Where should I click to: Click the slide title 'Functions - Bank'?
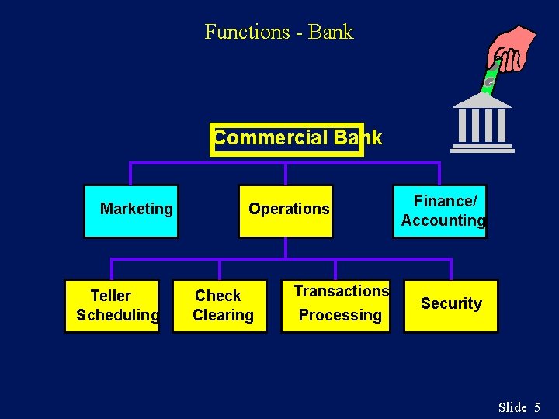[279, 32]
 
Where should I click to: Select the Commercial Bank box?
[286, 138]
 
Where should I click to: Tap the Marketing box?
[131, 210]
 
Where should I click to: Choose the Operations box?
[286, 210]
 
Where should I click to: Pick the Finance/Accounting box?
[440, 210]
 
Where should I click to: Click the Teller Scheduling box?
[112, 306]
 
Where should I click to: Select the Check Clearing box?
[220, 306]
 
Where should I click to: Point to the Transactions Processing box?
[335, 306]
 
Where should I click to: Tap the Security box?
[451, 305]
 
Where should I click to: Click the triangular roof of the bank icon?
[482, 100]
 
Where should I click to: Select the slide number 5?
[536, 407]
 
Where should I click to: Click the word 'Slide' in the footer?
[512, 407]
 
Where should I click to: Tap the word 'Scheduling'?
[117, 316]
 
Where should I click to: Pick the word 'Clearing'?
[223, 316]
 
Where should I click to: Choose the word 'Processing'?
[340, 316]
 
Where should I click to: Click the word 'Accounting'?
[443, 220]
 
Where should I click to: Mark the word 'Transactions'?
[341, 291]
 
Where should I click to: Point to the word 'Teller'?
[111, 296]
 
